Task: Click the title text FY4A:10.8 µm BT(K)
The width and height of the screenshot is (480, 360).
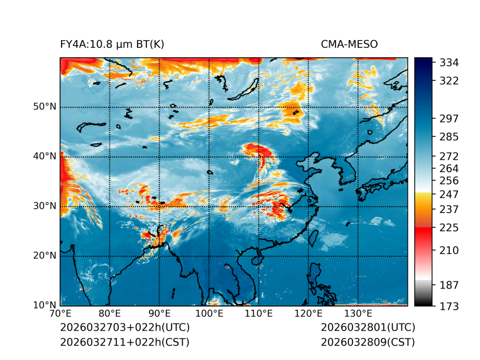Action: point(112,44)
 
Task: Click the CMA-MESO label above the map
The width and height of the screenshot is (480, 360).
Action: point(349,44)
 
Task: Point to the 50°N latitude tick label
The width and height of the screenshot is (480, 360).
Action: point(45,107)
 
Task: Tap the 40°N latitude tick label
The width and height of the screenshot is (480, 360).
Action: point(45,156)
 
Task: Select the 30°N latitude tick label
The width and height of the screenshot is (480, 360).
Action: point(45,206)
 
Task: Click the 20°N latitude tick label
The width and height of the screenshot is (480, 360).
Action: point(45,256)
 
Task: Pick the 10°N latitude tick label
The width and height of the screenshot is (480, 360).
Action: point(45,305)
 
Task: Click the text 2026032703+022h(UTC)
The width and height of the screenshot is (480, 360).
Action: point(124,328)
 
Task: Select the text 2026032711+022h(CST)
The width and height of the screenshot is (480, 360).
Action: point(124,342)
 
